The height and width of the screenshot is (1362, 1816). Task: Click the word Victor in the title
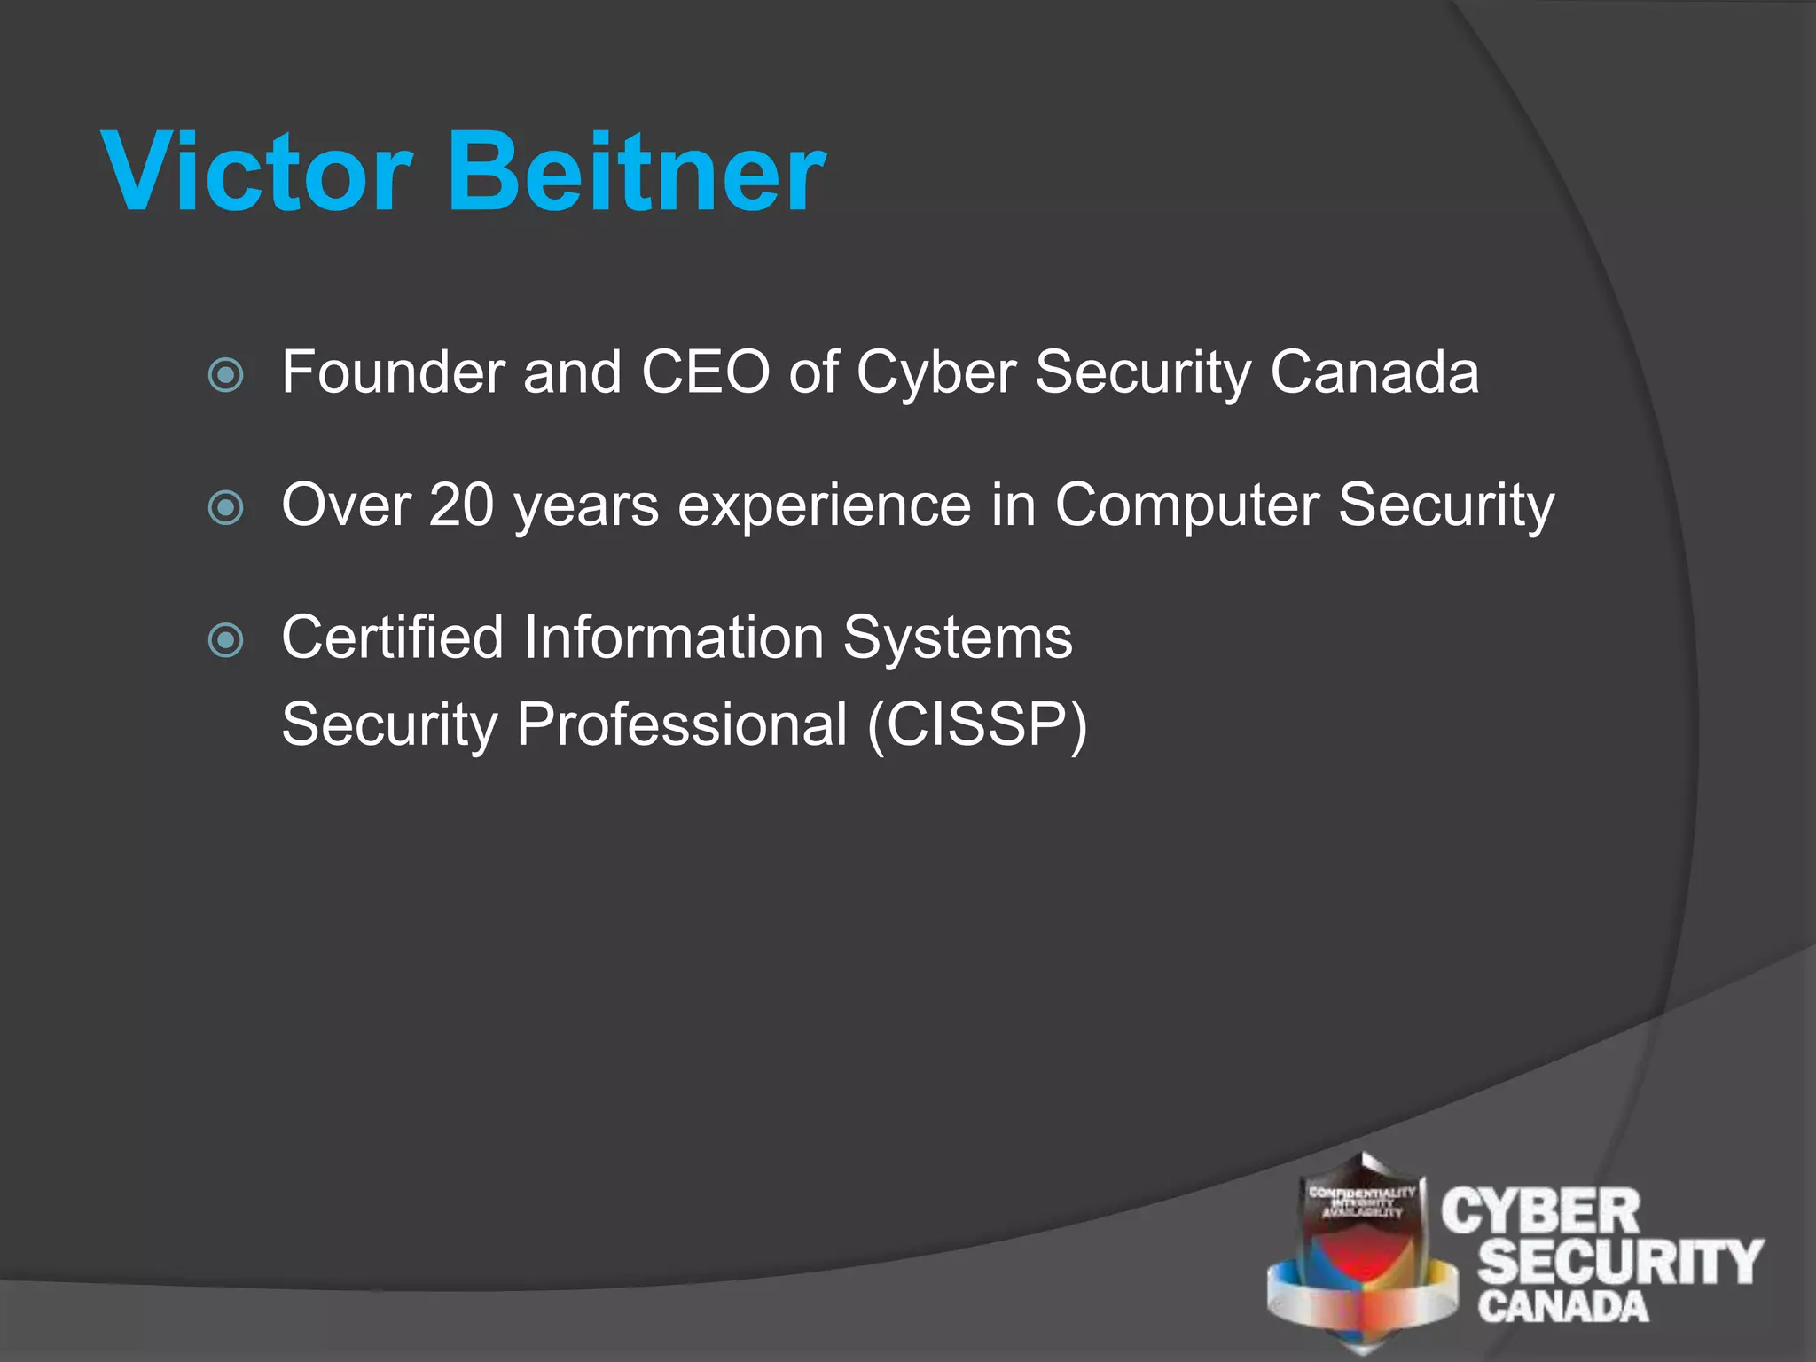[x=257, y=172]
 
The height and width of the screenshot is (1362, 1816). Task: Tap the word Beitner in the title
[x=638, y=172]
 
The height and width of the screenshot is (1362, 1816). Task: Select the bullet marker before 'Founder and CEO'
[x=225, y=375]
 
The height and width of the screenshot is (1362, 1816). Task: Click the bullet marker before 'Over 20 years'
[x=225, y=508]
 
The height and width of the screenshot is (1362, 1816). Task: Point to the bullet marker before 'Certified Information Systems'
[x=225, y=639]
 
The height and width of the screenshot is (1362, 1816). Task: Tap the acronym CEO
[x=705, y=372]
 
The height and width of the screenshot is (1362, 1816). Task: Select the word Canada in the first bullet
[x=1374, y=372]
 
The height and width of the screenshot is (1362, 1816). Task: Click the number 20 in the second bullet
[x=461, y=505]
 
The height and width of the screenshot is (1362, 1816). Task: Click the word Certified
[x=392, y=638]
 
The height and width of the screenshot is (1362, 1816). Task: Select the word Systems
[x=958, y=639]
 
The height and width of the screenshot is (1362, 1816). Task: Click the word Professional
[x=682, y=725]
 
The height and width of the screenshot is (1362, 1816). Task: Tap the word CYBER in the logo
[x=1541, y=1212]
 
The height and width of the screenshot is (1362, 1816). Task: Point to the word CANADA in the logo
[x=1562, y=1307]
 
